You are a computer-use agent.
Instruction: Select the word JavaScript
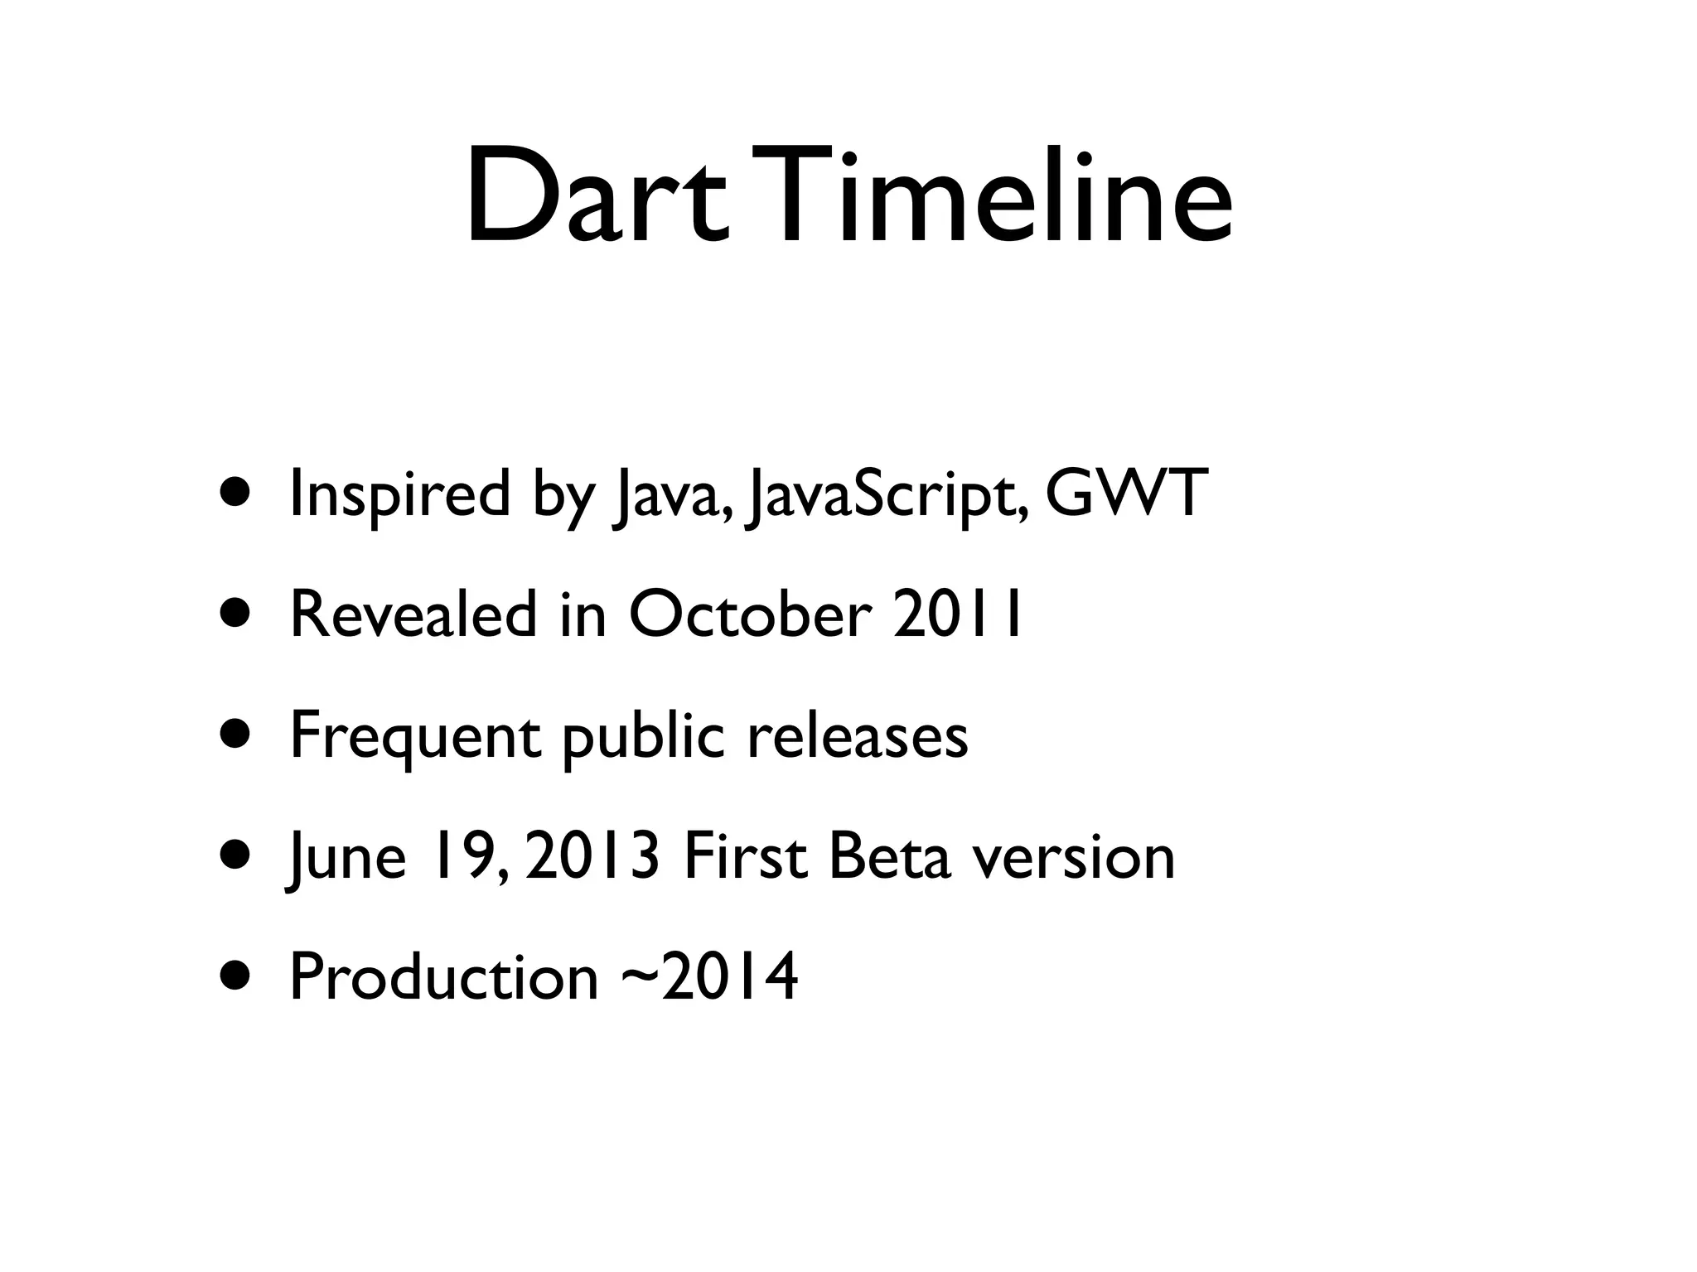887,495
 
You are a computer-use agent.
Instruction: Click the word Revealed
413,614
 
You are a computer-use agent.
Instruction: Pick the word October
750,614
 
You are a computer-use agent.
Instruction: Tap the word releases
858,735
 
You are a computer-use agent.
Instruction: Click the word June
346,858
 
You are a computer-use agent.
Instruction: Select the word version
1074,858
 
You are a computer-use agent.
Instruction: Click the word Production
443,977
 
